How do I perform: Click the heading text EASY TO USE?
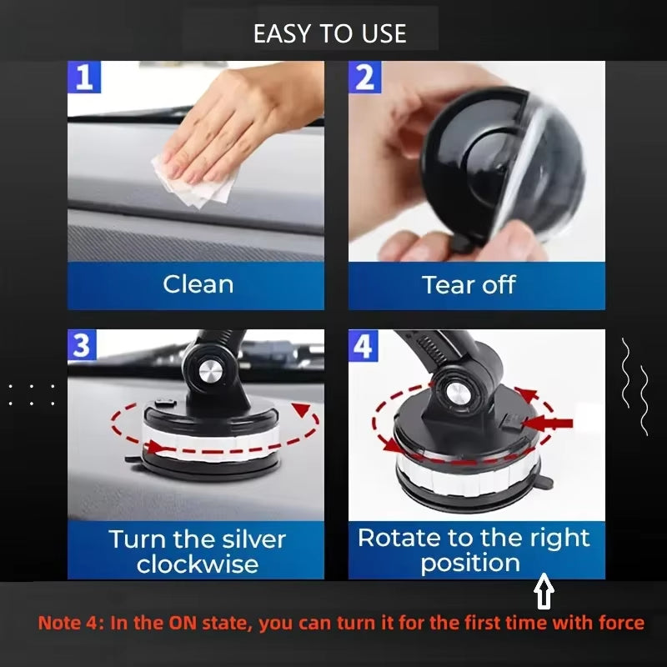[x=330, y=33]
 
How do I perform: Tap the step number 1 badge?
[x=83, y=78]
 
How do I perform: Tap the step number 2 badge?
[x=364, y=78]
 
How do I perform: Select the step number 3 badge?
[x=82, y=345]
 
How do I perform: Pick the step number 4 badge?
[x=364, y=346]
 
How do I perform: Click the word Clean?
[x=198, y=284]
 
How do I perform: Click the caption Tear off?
[x=469, y=284]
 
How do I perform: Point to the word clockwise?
[x=197, y=564]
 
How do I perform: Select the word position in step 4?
[x=470, y=563]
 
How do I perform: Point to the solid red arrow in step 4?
[x=554, y=424]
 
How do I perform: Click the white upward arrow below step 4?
[x=544, y=594]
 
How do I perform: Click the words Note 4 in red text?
[x=66, y=623]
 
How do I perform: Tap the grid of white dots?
[x=33, y=394]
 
